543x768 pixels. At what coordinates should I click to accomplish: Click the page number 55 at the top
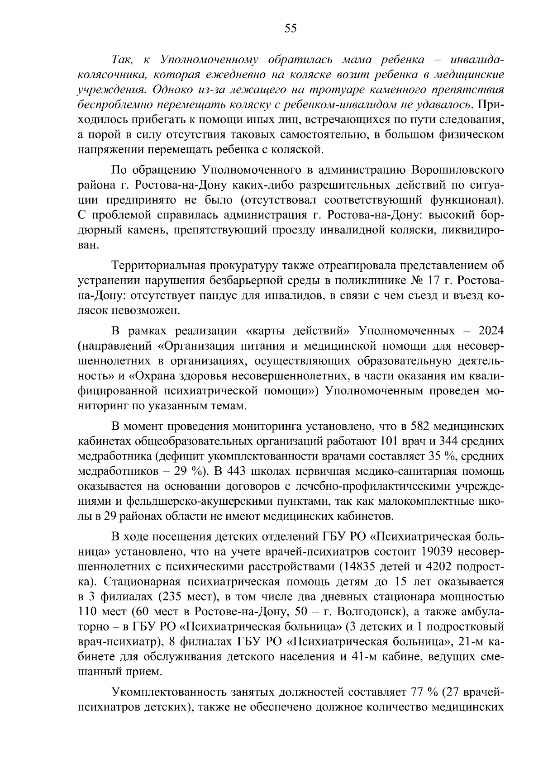pyautogui.click(x=290, y=29)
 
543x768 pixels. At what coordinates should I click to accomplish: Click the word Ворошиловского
pyautogui.click(x=457, y=170)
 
